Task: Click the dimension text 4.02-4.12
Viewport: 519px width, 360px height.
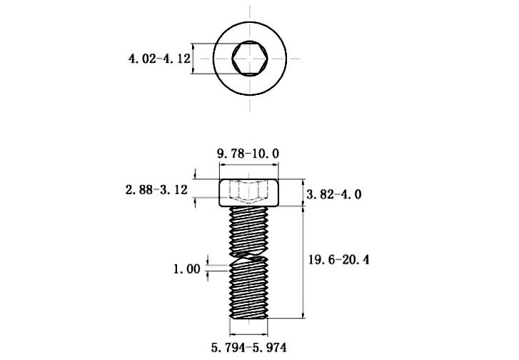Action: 159,59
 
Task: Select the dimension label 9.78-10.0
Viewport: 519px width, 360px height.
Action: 248,153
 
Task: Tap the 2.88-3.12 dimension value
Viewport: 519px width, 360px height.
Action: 156,190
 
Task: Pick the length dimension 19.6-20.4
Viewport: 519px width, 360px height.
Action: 338,260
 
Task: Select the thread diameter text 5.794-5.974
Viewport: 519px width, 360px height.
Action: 248,349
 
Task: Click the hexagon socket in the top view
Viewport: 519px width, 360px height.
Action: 248,58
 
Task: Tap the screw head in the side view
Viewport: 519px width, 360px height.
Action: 248,193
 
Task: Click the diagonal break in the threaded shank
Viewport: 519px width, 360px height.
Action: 248,259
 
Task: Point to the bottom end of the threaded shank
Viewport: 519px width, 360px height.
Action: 248,315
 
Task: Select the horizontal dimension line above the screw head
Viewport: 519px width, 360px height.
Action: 248,165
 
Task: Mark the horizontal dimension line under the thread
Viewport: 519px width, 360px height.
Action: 248,334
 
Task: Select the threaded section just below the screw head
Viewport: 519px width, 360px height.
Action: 248,221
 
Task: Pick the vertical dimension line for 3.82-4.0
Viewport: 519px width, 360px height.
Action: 304,193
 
